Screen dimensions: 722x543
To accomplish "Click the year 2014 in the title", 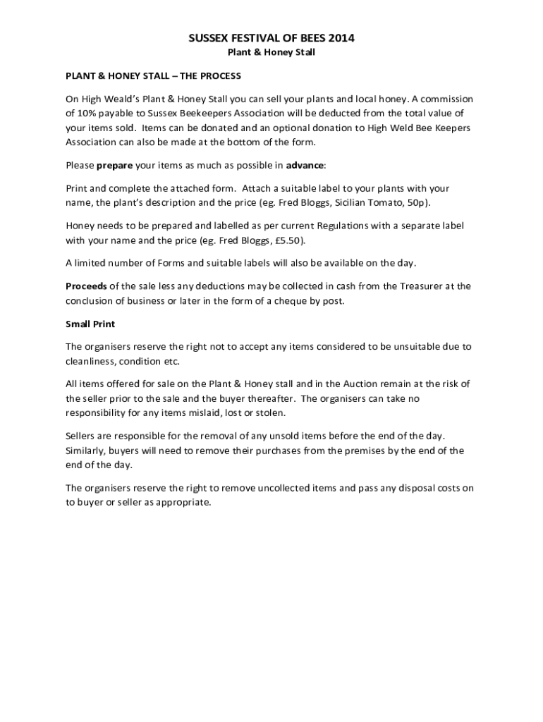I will [340, 39].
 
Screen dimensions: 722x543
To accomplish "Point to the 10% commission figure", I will [88, 113].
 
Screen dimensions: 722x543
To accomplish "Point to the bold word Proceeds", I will [87, 286].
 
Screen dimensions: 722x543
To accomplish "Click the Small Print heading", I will [90, 324].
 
